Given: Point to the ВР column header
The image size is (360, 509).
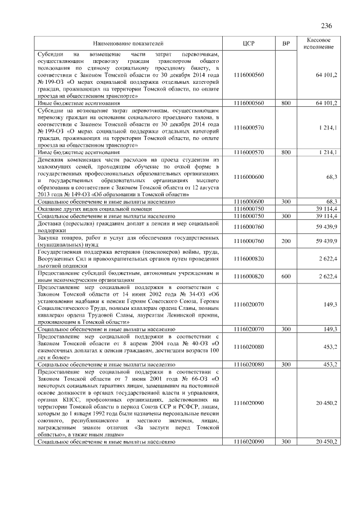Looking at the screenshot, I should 286,43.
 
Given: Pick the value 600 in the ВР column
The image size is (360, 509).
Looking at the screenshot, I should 286,276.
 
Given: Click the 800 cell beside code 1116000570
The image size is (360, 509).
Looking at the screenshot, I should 286,152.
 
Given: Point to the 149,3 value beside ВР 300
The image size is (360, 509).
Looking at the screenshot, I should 328,328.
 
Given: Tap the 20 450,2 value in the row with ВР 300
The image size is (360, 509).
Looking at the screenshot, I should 326,442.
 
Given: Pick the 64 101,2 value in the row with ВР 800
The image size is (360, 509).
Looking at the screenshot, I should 326,103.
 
